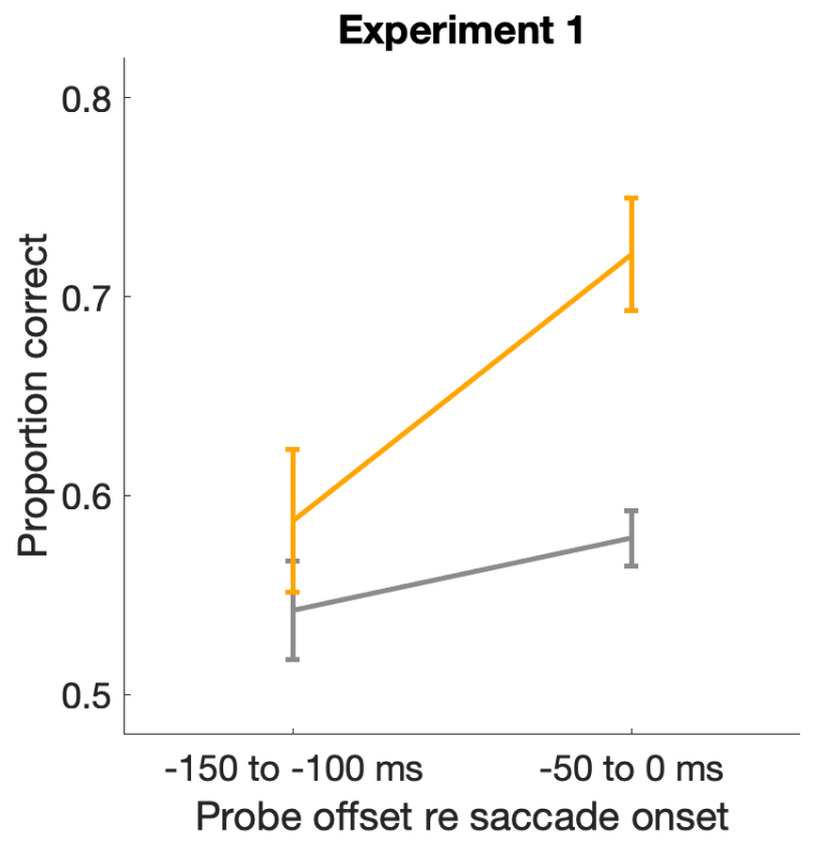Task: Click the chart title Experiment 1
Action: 462,30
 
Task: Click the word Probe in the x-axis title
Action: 247,815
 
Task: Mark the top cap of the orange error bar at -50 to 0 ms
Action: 631,198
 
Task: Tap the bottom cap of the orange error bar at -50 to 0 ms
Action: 631,310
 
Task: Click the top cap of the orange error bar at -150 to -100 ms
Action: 293,450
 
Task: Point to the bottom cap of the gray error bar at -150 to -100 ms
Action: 293,659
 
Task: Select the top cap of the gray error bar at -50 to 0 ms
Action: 631,511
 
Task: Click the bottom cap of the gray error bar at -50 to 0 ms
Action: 631,566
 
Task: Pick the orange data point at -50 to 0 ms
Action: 631,255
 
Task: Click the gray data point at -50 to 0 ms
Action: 631,538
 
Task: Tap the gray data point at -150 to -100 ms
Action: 293,611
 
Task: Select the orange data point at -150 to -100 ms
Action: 293,520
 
